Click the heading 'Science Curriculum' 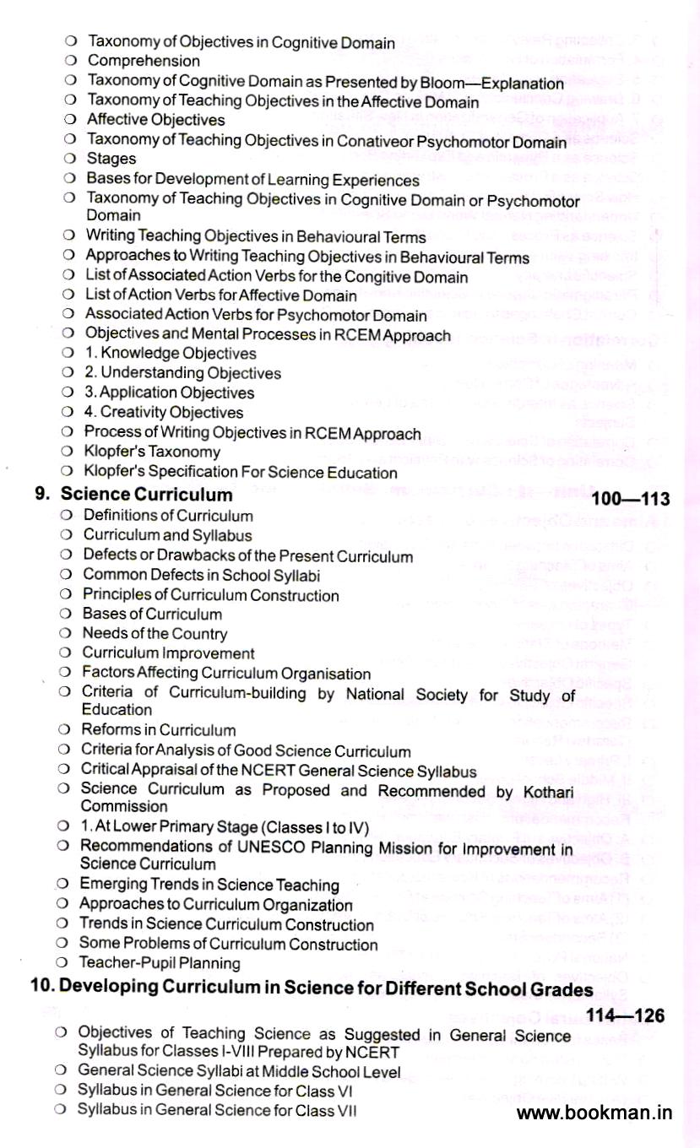click(146, 495)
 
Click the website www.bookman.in click(594, 1113)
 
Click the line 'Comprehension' click(144, 61)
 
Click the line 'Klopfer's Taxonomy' click(152, 452)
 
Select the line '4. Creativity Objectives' click(164, 412)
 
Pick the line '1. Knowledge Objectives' click(171, 353)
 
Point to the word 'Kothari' click(546, 791)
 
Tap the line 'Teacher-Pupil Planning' click(160, 963)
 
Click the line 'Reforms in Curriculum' click(158, 729)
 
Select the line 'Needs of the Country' click(155, 633)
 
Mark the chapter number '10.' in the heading click(42, 989)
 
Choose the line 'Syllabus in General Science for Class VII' click(216, 1110)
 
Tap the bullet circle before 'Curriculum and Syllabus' click(65, 535)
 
